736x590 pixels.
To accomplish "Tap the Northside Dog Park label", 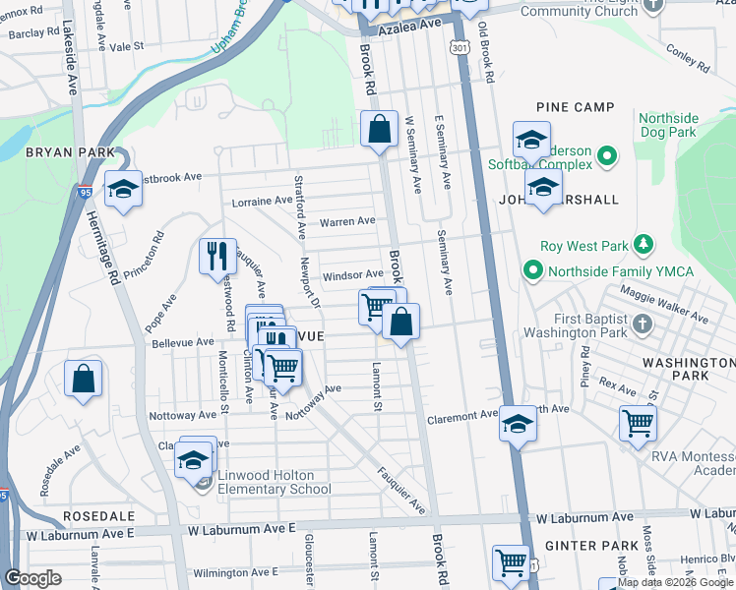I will [x=668, y=124].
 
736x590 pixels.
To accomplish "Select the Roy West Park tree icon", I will [x=644, y=242].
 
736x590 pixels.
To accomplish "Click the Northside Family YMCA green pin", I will [x=532, y=267].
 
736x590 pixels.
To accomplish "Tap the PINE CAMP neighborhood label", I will [x=576, y=107].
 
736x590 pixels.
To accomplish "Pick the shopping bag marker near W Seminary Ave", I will [x=379, y=130].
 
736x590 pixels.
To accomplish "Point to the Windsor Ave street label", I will [x=352, y=275].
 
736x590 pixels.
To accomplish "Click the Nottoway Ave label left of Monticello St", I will [x=182, y=416].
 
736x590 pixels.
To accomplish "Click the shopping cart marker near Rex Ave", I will [x=639, y=423].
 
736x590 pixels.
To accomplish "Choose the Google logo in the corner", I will [x=33, y=578].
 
